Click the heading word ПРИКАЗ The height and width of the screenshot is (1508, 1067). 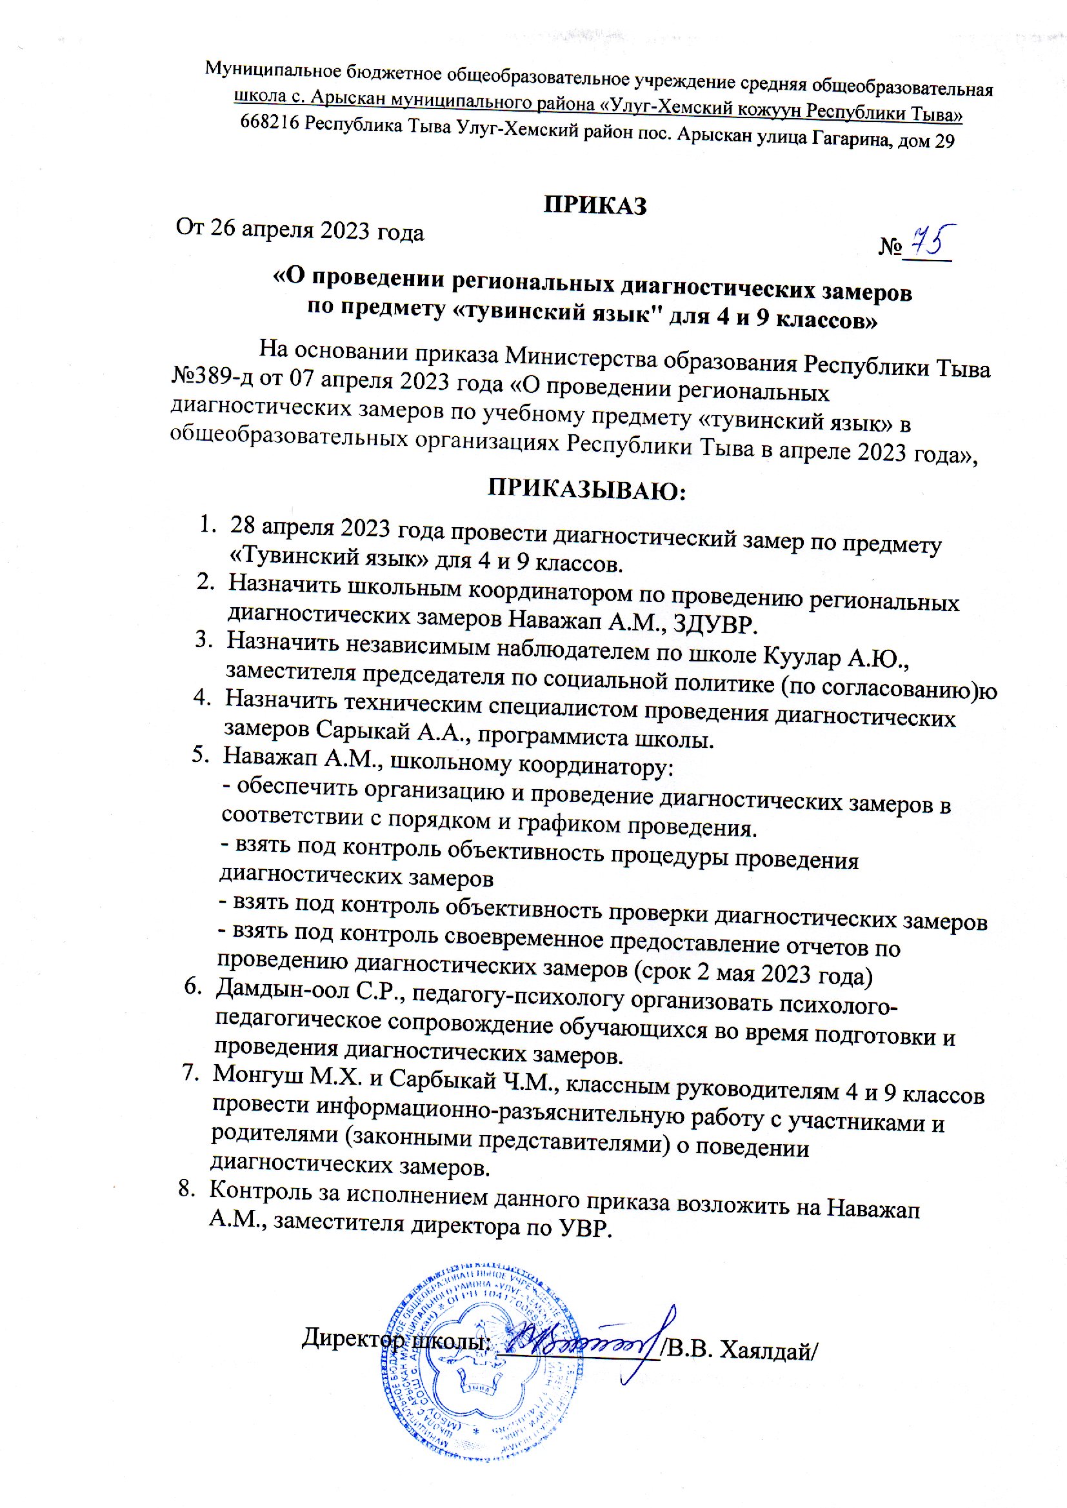595,206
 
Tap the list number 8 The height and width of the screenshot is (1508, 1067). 186,1189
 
